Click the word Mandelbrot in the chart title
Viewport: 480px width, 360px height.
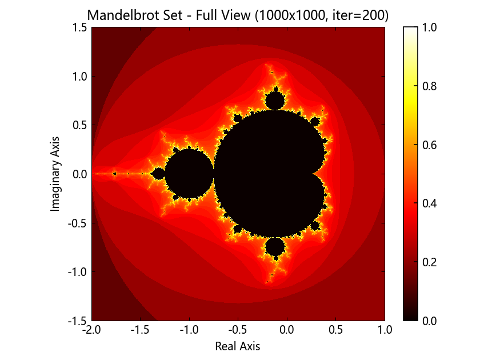click(x=135, y=15)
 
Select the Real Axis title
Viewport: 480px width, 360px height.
click(x=238, y=346)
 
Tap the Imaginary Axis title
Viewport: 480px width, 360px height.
click(x=54, y=174)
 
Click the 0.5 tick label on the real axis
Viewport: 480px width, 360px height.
click(x=336, y=330)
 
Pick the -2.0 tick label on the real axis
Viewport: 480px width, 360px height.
click(x=91, y=330)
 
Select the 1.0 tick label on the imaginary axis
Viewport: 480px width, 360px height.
click(x=80, y=76)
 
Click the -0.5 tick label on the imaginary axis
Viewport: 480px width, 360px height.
click(x=78, y=223)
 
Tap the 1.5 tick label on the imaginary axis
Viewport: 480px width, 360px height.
click(x=80, y=27)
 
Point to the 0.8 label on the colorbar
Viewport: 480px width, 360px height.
click(x=430, y=86)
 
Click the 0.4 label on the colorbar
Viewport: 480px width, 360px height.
click(x=430, y=203)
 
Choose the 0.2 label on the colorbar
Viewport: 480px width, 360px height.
click(x=430, y=262)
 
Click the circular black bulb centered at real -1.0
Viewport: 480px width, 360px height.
click(x=189, y=174)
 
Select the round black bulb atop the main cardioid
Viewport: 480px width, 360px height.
click(x=275, y=101)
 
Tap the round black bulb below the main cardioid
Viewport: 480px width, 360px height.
click(x=275, y=247)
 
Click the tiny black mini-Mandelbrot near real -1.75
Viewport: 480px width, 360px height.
click(x=115, y=174)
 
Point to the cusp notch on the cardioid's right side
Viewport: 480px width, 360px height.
click(x=313, y=174)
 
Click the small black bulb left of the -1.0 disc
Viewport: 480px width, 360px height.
click(x=159, y=174)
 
